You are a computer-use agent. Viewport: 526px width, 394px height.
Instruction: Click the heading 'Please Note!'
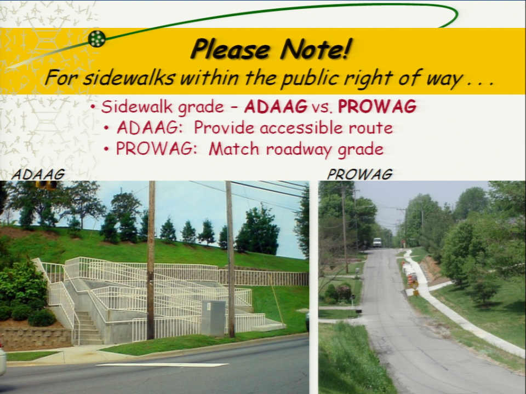(x=271, y=49)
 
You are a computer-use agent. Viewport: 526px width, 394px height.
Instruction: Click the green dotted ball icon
(x=97, y=38)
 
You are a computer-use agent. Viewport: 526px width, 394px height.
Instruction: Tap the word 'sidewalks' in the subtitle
(x=129, y=78)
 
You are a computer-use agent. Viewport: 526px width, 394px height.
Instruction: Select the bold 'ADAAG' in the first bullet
(x=276, y=107)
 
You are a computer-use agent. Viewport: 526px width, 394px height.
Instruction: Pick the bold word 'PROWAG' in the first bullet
(x=377, y=107)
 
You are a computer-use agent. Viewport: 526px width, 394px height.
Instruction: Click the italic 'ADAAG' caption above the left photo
(x=38, y=174)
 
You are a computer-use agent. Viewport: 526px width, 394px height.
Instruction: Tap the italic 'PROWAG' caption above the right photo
(x=359, y=174)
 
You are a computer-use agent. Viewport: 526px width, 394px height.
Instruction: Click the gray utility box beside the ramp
(x=213, y=318)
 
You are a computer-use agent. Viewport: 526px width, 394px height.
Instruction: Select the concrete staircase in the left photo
(x=87, y=327)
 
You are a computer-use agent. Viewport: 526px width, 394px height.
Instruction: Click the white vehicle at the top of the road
(x=378, y=242)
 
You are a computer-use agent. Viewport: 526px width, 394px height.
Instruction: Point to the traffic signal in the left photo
(x=47, y=184)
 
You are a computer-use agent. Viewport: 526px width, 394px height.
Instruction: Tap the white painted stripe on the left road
(x=162, y=365)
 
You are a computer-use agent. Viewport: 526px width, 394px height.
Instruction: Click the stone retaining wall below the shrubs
(x=35, y=338)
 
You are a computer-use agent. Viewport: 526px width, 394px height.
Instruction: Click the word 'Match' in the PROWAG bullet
(x=234, y=149)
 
